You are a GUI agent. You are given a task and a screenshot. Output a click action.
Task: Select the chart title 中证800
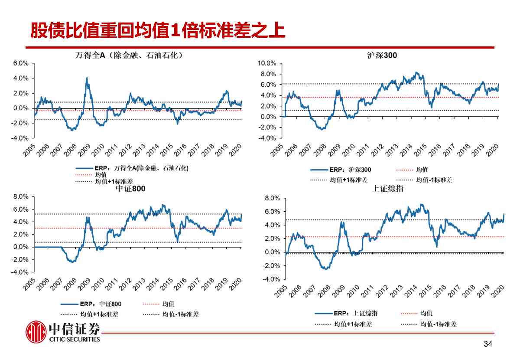(130, 189)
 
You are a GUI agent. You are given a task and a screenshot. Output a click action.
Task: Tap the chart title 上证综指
(388, 188)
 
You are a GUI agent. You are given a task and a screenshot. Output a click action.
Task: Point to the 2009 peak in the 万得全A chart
(87, 78)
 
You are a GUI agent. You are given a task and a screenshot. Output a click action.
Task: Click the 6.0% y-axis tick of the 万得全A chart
(21, 63)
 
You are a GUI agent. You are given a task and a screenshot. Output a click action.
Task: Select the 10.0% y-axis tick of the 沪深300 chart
(266, 63)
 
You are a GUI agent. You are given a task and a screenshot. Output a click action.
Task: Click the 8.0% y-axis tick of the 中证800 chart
(21, 196)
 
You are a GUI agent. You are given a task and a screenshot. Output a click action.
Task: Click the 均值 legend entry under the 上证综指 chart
(426, 313)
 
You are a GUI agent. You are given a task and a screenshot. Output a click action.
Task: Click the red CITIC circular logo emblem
(36, 332)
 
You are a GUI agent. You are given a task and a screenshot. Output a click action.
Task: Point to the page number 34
(488, 344)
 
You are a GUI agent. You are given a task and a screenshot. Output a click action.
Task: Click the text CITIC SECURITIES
(75, 339)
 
